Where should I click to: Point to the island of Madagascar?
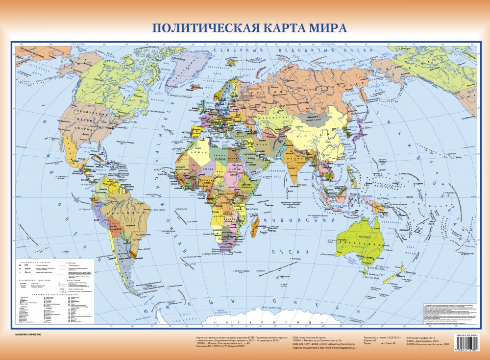(x=255, y=226)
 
